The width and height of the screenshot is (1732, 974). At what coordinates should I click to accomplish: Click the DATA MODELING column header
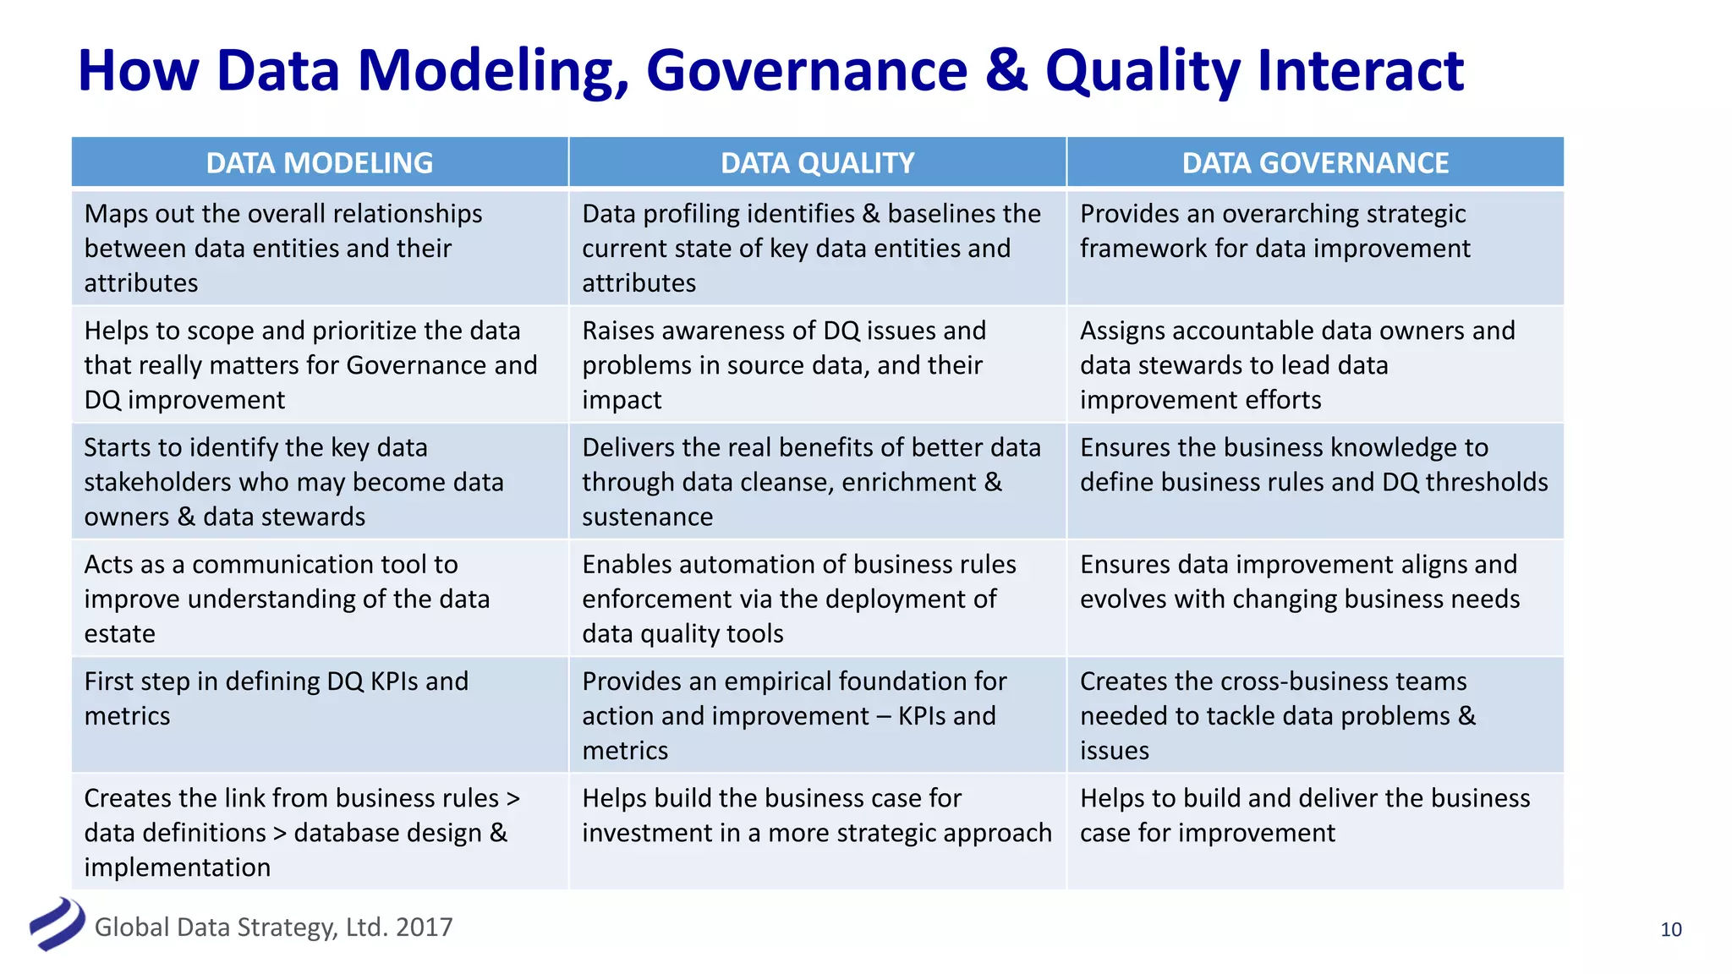320,162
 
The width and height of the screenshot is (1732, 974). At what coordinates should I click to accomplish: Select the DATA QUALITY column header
817,162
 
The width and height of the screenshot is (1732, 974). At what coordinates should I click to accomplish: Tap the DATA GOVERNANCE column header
1315,162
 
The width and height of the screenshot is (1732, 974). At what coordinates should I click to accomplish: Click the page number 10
1670,929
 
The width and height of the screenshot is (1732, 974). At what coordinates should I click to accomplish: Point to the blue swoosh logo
57,923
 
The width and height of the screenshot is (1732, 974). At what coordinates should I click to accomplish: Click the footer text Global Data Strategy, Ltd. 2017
273,927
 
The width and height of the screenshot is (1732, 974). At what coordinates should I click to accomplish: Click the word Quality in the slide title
1143,71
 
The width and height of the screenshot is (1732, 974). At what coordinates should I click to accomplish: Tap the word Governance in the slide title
806,71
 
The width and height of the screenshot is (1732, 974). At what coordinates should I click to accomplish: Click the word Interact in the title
1360,71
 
